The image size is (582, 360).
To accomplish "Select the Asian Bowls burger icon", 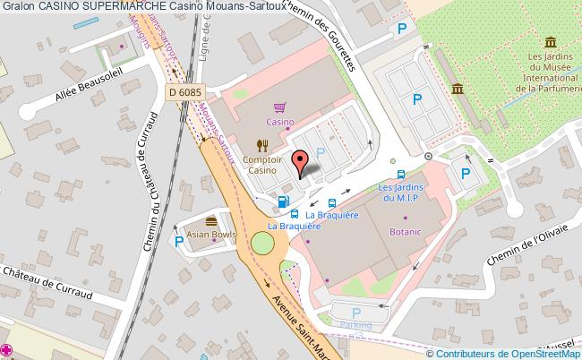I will (x=211, y=221).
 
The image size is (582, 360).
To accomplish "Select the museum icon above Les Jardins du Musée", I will (x=547, y=42).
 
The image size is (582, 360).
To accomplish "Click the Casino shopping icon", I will (x=279, y=107).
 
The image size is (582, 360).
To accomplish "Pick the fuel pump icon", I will (x=284, y=201).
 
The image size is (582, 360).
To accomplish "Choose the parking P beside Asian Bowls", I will (x=180, y=241).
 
